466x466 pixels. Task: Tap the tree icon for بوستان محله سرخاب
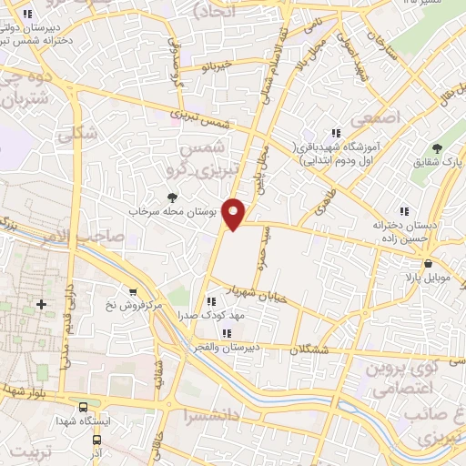[173, 198]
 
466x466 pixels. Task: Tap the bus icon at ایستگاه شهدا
[84, 408]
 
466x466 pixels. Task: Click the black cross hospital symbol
[41, 303]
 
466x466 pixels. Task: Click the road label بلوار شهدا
[24, 395]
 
